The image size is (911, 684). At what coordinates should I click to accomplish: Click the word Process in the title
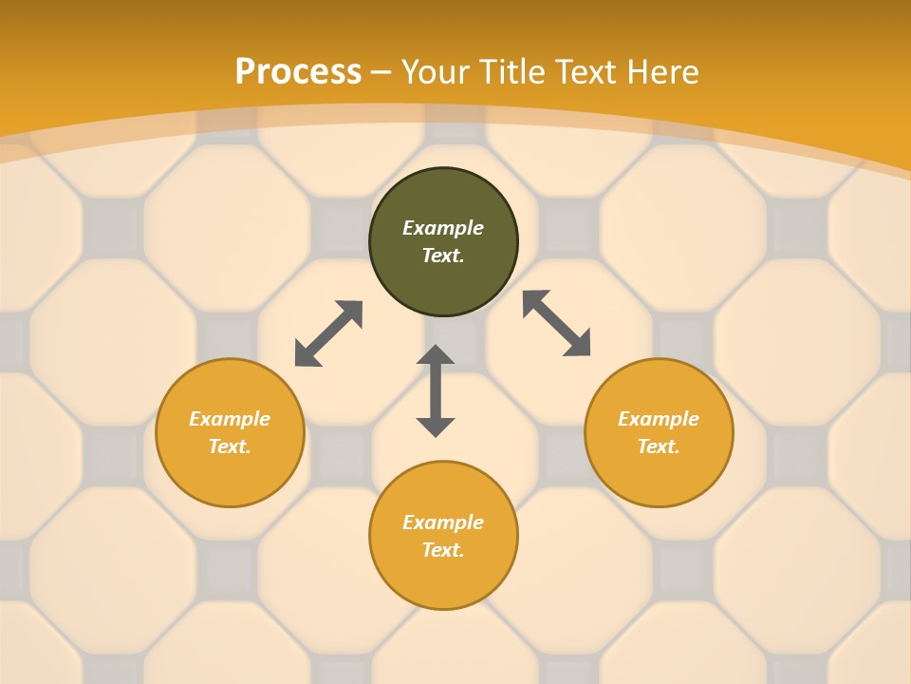tap(298, 72)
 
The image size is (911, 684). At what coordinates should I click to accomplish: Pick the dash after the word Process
tap(381, 73)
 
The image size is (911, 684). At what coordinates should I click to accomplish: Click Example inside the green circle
tap(443, 228)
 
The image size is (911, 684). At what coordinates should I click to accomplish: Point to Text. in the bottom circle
tap(443, 550)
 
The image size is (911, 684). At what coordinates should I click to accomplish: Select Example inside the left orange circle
tap(230, 419)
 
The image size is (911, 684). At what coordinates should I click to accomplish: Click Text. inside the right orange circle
tap(659, 446)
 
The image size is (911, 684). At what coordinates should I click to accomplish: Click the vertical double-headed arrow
tap(436, 390)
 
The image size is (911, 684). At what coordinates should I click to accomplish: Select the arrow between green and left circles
tap(328, 333)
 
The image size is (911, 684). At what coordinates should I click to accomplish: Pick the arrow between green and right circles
tap(557, 323)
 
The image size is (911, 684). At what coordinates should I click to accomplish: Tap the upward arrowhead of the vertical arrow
tap(436, 354)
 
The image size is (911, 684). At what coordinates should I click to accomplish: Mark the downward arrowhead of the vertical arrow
tap(436, 427)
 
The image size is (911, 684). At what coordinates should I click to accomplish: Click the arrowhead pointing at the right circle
tap(578, 344)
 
